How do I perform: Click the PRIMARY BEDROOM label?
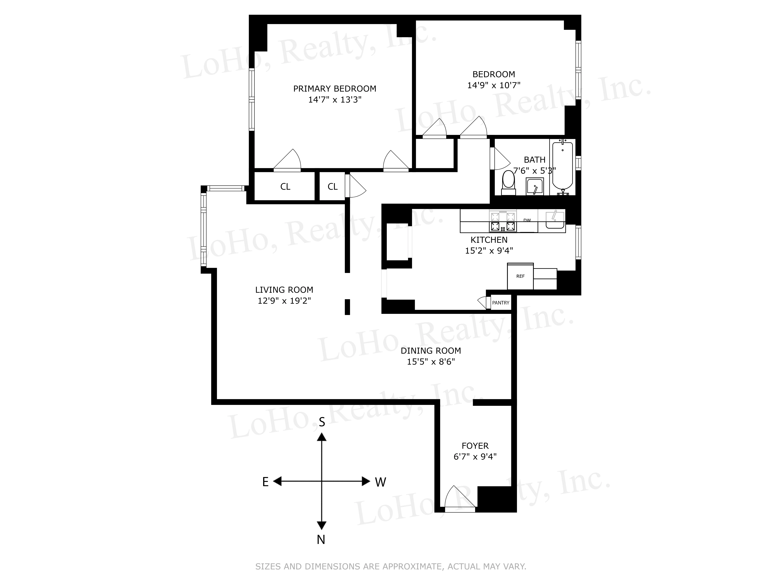334,88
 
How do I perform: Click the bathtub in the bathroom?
563,166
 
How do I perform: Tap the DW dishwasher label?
527,220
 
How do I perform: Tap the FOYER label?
475,446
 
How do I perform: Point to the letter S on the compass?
322,422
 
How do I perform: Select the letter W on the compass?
380,482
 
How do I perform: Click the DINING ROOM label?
431,351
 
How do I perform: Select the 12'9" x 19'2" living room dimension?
284,301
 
